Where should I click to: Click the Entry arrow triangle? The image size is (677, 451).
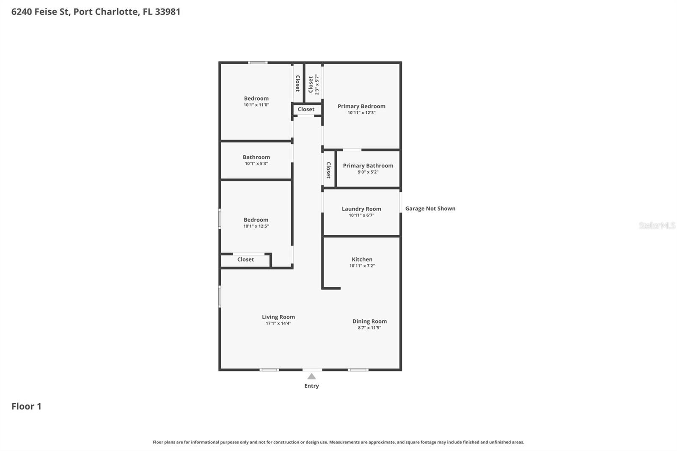311,376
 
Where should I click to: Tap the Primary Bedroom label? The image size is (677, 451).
361,106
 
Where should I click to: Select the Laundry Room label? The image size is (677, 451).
361,209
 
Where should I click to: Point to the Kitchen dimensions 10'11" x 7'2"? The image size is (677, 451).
362,266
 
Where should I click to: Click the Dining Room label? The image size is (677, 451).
369,321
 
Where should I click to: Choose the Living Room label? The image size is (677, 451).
278,317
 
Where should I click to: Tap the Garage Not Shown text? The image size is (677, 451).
430,208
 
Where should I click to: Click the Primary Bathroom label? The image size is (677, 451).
368,165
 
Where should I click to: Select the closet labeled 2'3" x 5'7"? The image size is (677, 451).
313,84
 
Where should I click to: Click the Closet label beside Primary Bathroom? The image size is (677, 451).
328,170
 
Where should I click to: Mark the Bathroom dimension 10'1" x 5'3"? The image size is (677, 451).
256,164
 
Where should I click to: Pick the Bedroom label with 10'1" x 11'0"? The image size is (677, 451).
256,98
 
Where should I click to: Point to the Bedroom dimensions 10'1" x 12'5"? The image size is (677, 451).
256,226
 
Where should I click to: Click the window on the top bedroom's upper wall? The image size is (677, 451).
258,63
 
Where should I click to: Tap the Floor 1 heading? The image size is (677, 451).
26,406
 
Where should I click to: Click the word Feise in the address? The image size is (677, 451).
52,11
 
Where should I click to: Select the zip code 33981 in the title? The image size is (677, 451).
168,11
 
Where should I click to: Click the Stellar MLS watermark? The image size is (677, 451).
657,225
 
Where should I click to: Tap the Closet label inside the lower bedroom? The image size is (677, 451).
245,259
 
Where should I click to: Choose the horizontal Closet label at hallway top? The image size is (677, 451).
306,109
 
